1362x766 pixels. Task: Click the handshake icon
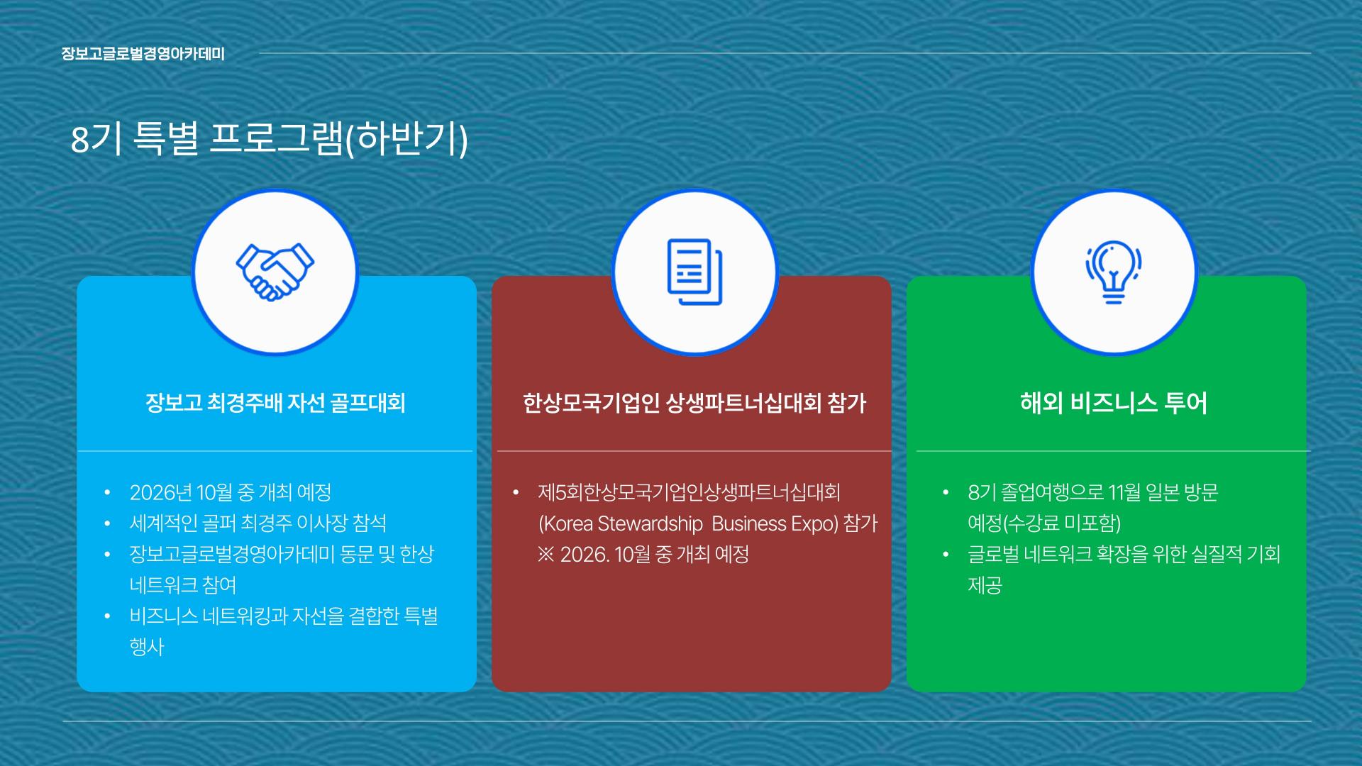[275, 272]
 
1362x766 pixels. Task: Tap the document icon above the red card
[694, 272]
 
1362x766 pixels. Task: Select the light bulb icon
[1114, 272]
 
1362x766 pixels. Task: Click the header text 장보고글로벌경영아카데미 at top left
[143, 54]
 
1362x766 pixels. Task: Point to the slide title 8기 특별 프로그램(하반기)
[270, 139]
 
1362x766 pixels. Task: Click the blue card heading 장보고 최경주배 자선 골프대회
[275, 403]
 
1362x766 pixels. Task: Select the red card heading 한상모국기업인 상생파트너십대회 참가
[694, 403]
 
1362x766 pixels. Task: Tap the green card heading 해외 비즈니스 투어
[1114, 403]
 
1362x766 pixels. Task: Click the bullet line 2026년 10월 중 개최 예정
[231, 492]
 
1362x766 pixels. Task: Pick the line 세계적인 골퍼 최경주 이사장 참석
[258, 523]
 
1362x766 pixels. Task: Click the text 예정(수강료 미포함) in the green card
[1044, 523]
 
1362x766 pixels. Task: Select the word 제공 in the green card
[985, 585]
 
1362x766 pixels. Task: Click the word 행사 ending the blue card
[147, 647]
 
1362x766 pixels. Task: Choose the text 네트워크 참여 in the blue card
[183, 585]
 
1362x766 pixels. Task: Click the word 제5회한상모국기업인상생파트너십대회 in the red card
[690, 492]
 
